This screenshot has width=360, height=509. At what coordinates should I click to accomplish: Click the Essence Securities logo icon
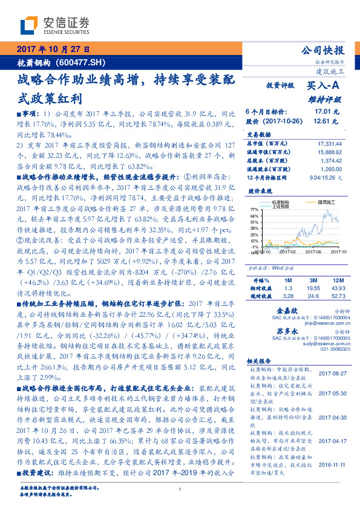28,25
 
